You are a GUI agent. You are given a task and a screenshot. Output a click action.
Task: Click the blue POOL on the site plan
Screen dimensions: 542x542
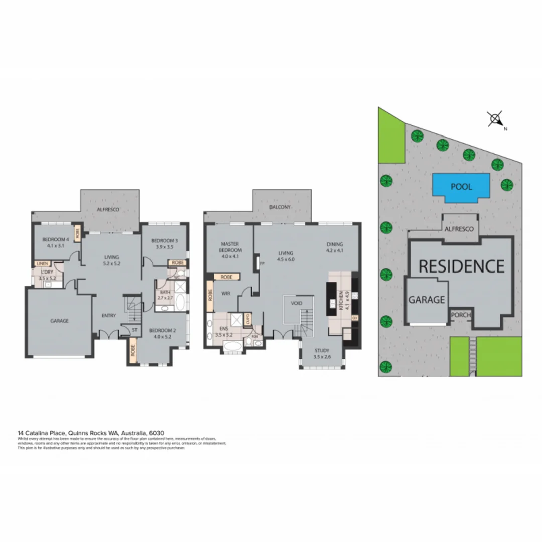[x=461, y=187]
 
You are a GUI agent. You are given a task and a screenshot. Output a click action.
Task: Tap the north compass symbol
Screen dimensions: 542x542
[x=496, y=119]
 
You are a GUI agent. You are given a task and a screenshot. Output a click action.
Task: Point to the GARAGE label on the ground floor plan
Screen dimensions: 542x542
[x=59, y=321]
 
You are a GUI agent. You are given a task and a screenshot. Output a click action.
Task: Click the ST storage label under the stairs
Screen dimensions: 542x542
[x=135, y=330]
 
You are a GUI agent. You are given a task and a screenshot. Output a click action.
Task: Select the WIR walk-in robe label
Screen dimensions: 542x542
[x=225, y=294]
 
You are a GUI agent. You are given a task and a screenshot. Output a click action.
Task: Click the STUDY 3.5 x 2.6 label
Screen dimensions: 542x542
[x=322, y=353]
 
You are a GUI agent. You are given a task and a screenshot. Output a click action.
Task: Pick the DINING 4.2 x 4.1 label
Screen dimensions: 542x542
[x=334, y=247]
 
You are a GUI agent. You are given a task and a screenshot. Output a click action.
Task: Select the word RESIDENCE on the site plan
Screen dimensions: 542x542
[x=461, y=266]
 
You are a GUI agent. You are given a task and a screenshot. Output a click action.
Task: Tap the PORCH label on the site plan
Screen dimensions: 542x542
[x=461, y=315]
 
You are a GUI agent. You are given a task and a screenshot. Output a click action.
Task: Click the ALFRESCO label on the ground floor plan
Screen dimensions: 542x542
[x=108, y=209]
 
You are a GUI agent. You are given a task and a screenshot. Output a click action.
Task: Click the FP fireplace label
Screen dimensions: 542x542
[x=261, y=261]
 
